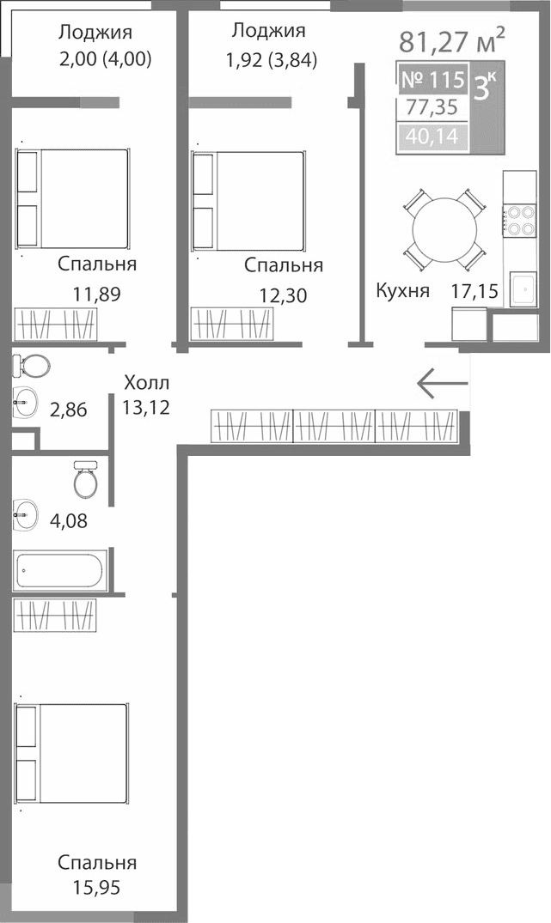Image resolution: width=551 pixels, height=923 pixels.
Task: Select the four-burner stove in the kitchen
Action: tap(518, 220)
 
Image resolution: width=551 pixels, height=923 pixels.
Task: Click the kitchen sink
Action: tap(523, 289)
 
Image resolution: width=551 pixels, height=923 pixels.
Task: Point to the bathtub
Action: tap(59, 571)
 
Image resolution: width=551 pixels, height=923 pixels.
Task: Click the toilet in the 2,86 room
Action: tap(32, 367)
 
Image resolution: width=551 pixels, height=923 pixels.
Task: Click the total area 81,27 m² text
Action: tap(451, 40)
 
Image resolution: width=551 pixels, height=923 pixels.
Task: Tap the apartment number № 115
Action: tap(433, 81)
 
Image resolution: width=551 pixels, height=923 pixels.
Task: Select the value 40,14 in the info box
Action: tap(432, 137)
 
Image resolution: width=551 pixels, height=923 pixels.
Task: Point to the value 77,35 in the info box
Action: tap(432, 109)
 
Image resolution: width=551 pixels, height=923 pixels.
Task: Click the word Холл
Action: tap(146, 382)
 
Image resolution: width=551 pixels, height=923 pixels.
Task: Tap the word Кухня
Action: tap(401, 290)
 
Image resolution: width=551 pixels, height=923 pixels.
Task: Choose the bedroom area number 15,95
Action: tap(96, 887)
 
